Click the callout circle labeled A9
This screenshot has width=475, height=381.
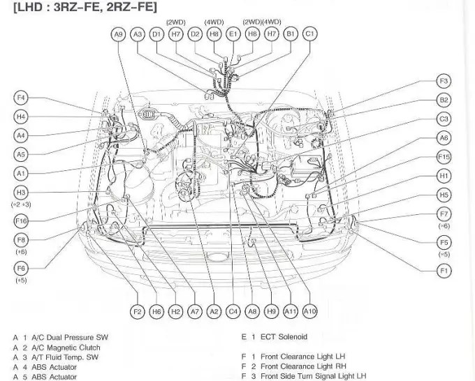click(x=118, y=33)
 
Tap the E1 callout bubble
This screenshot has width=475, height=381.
click(x=233, y=33)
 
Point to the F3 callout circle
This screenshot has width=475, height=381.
click(x=444, y=81)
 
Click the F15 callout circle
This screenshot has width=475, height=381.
click(x=444, y=157)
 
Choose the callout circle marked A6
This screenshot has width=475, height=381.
click(x=444, y=138)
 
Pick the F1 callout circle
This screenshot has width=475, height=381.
click(x=444, y=271)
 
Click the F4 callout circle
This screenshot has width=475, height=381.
click(x=21, y=98)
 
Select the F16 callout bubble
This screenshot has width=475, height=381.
click(x=21, y=221)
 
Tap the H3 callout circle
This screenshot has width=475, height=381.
click(x=21, y=193)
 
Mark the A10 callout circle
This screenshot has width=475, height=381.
click(x=310, y=312)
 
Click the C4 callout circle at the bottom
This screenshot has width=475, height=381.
click(x=233, y=312)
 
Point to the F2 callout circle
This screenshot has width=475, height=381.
click(x=138, y=312)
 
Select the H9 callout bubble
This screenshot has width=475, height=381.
click(x=272, y=312)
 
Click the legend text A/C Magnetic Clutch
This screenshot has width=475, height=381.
click(x=66, y=348)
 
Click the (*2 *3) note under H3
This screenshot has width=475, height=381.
click(x=21, y=204)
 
